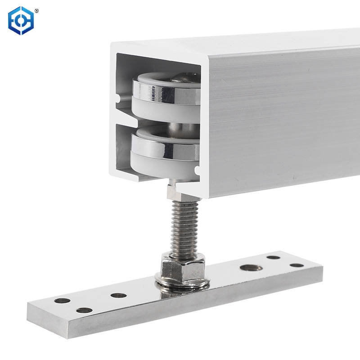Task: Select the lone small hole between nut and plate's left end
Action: [118, 296]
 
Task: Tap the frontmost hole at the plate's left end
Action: [83, 310]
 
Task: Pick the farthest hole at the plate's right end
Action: [273, 258]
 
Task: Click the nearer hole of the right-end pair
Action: [297, 265]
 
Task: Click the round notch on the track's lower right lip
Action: [197, 171]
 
